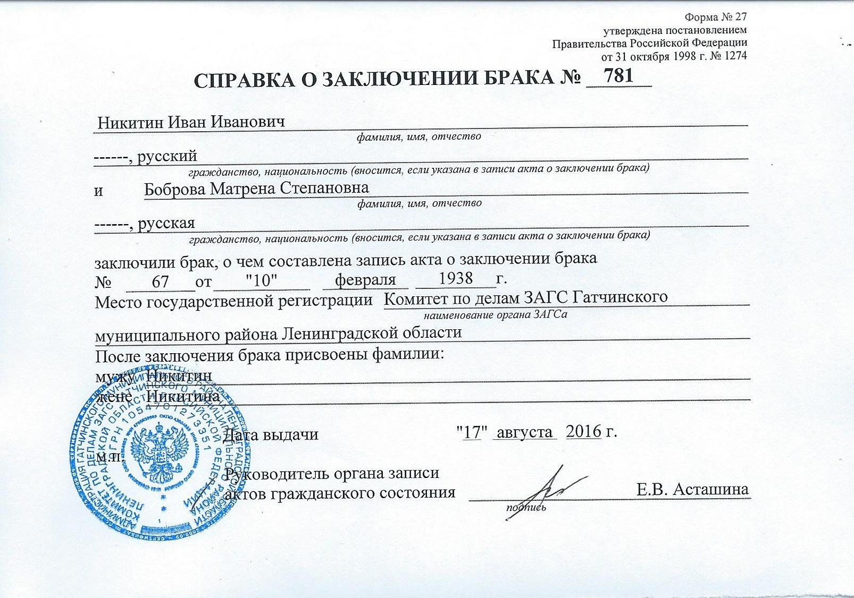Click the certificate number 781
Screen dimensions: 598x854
[x=619, y=76]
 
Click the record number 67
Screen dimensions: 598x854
[x=160, y=281]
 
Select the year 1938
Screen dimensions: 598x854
[x=456, y=278]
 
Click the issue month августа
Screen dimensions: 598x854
[x=525, y=432]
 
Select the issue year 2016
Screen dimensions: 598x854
[x=583, y=431]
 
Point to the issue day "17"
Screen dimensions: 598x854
[x=473, y=432]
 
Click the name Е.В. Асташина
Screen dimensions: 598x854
[x=692, y=489]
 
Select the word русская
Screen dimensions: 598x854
[x=166, y=223]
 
